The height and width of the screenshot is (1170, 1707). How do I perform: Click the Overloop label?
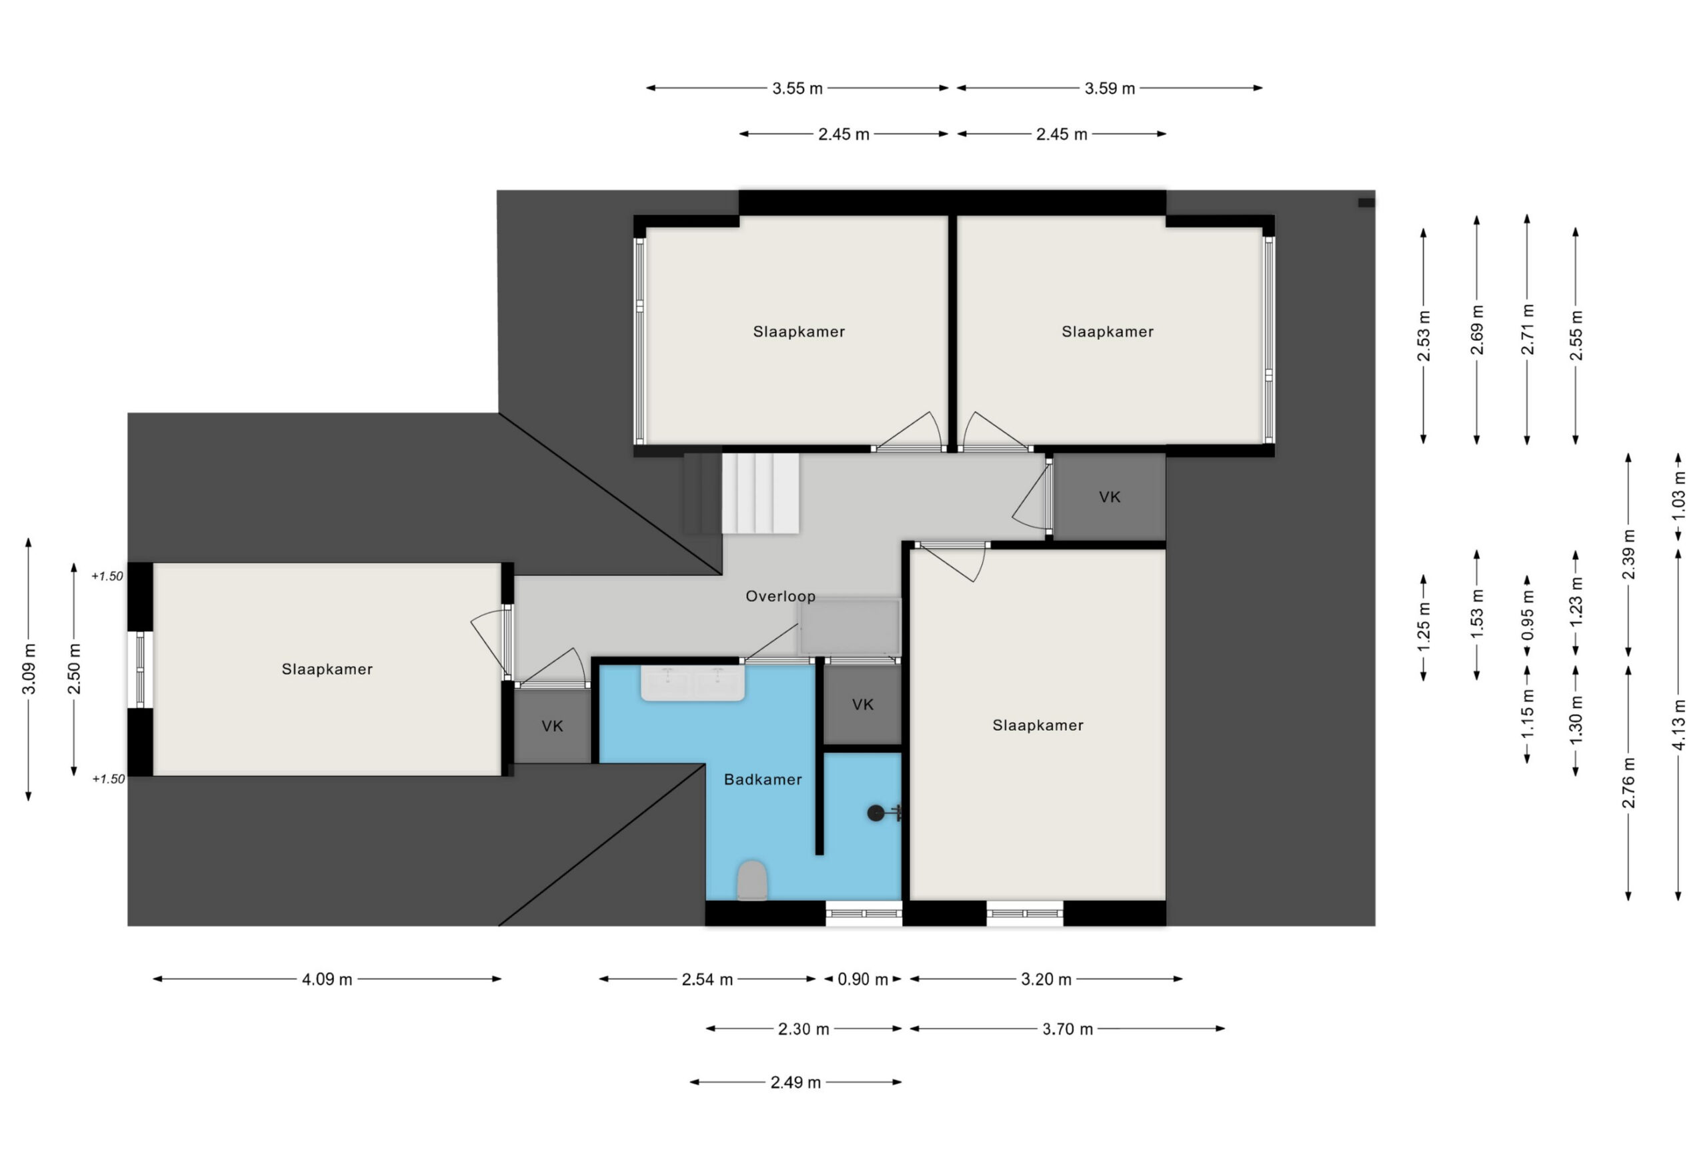pyautogui.click(x=780, y=597)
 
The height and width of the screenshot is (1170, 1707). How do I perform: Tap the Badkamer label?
pyautogui.click(x=762, y=780)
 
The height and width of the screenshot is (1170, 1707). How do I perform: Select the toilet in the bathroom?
pyautogui.click(x=752, y=880)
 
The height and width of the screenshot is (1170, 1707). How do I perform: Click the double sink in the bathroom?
pyautogui.click(x=693, y=683)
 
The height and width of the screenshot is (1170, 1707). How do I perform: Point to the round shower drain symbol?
pyautogui.click(x=876, y=813)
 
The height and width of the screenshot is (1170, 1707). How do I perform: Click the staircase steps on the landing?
pyautogui.click(x=741, y=493)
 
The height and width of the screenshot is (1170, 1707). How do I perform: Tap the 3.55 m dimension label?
pyautogui.click(x=797, y=89)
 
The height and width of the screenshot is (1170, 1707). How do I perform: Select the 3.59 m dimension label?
pyautogui.click(x=1110, y=89)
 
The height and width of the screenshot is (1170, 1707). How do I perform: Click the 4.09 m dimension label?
pyautogui.click(x=327, y=979)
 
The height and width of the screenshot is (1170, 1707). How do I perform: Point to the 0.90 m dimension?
pyautogui.click(x=863, y=979)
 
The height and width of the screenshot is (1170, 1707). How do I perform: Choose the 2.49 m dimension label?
pyautogui.click(x=795, y=1082)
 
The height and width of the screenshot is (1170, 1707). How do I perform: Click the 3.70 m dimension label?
pyautogui.click(x=1068, y=1029)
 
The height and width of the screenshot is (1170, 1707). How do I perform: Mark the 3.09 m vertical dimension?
pyautogui.click(x=29, y=669)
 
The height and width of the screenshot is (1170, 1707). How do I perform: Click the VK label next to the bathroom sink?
pyautogui.click(x=863, y=705)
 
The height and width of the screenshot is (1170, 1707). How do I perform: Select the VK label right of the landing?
pyautogui.click(x=1110, y=497)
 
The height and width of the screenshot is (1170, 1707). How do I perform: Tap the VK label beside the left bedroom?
pyautogui.click(x=552, y=727)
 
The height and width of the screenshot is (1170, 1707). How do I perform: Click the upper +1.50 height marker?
pyautogui.click(x=107, y=576)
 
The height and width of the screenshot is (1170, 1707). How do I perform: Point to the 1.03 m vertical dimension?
pyautogui.click(x=1678, y=497)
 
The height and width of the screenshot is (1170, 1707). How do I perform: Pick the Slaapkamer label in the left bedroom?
pyautogui.click(x=327, y=669)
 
